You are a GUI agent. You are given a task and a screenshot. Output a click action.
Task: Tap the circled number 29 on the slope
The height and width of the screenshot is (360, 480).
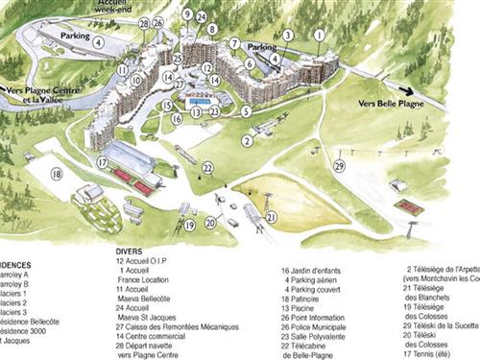[x=339, y=165]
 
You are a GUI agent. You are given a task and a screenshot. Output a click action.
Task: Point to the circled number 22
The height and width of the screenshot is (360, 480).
[x=207, y=168]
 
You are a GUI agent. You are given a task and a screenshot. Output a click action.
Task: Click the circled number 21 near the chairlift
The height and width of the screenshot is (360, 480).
[x=272, y=217]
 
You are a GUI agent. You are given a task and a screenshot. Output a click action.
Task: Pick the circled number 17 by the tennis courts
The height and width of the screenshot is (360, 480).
[x=103, y=163]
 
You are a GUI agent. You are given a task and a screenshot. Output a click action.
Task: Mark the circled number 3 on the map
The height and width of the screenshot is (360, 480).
[x=287, y=35]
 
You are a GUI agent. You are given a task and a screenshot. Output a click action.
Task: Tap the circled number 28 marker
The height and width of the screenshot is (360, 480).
[x=143, y=22]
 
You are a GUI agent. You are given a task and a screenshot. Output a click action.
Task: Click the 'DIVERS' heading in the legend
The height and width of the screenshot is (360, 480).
[x=129, y=252]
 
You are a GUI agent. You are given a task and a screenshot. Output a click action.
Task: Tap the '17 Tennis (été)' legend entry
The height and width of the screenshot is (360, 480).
[x=438, y=354]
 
